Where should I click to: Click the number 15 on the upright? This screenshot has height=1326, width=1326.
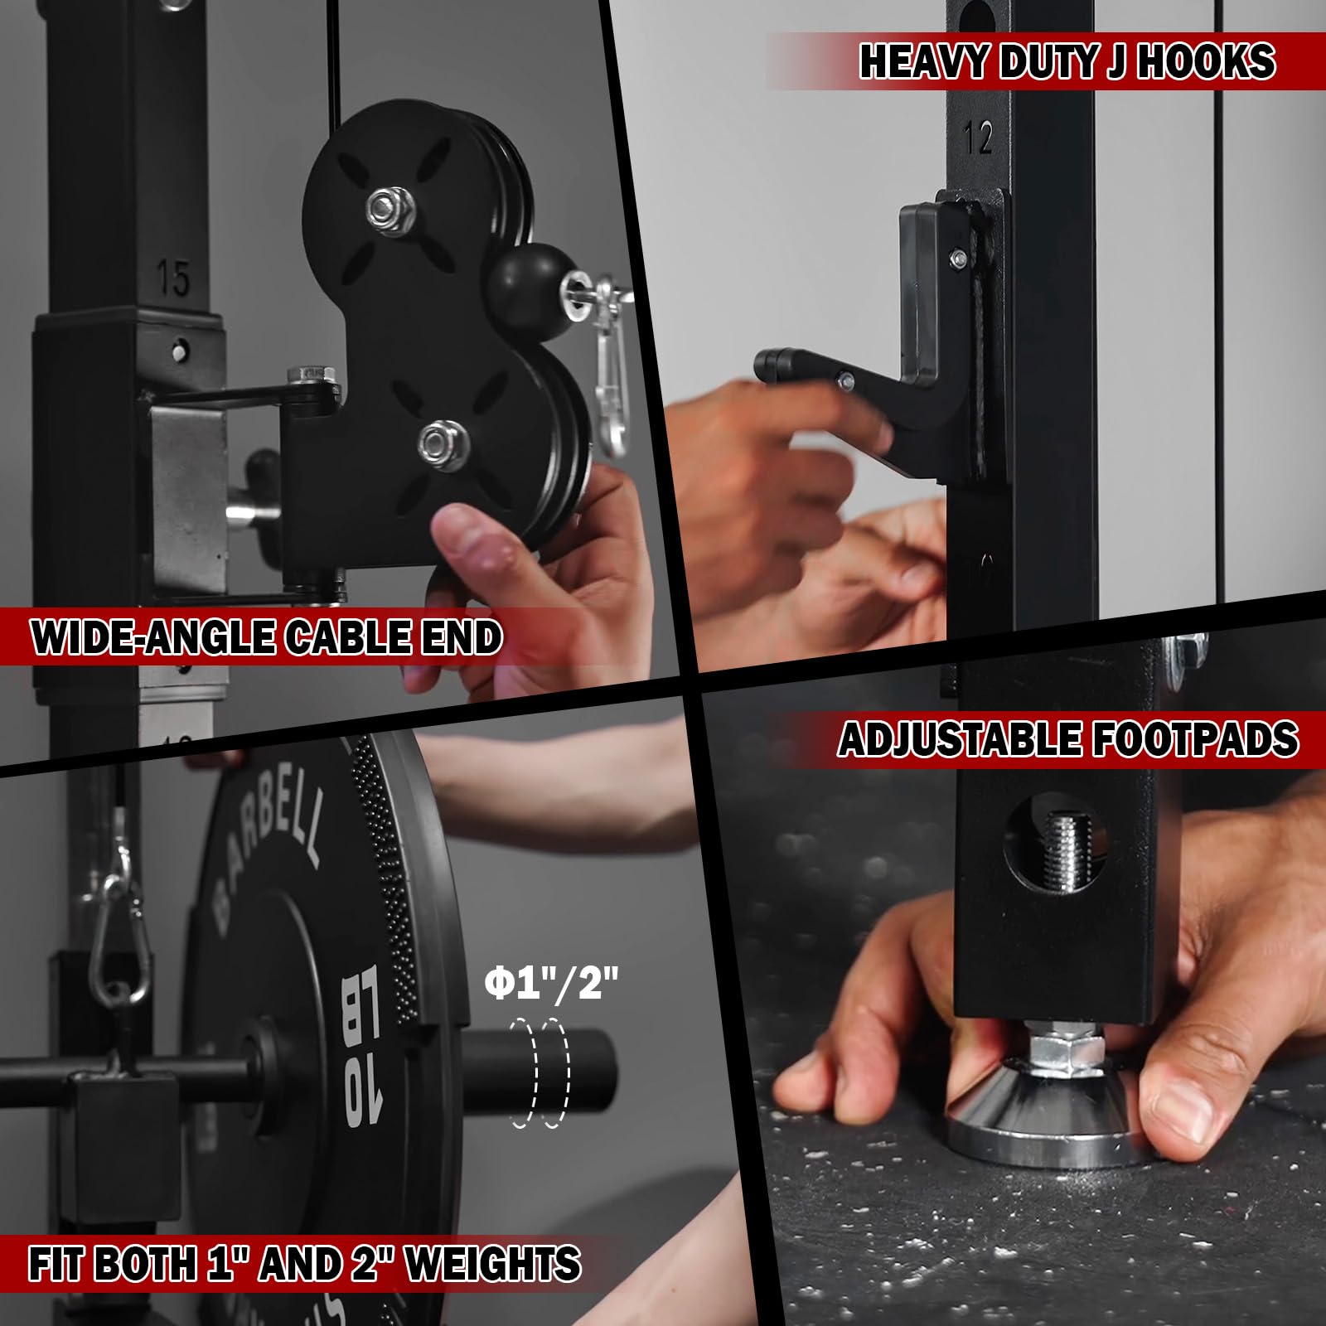click(x=172, y=278)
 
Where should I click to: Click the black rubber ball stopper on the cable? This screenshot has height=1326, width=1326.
click(x=520, y=283)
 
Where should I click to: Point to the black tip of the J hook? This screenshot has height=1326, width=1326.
click(x=769, y=361)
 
